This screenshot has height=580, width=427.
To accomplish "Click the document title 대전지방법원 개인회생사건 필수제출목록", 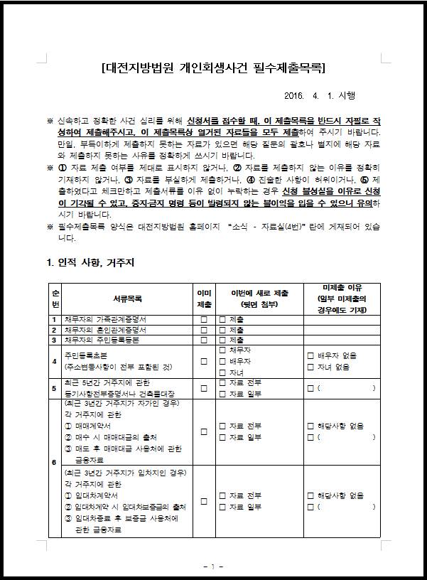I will point(213,69).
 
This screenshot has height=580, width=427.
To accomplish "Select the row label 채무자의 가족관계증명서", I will point(105,319).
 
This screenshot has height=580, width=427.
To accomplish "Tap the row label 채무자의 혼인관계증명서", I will point(105,330).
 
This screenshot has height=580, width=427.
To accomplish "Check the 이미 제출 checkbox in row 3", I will point(204,340).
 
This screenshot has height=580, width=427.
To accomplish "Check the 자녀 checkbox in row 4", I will point(222,372).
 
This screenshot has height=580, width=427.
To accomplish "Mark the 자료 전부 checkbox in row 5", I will point(222,383).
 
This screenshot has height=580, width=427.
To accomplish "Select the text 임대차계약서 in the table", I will point(96,496).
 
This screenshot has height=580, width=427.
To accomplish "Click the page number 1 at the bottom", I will point(213,566).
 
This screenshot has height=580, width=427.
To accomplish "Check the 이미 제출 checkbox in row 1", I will point(204,319).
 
